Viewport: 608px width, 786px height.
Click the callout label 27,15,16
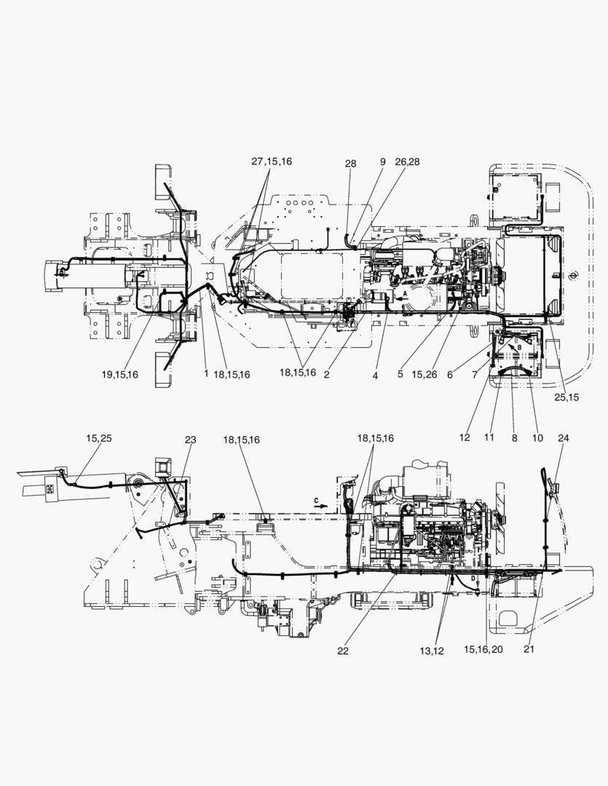[x=272, y=162]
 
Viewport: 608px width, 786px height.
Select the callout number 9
[x=383, y=162]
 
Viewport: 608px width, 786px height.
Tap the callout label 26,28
[x=407, y=162]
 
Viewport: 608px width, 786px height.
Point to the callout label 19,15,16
[x=120, y=374]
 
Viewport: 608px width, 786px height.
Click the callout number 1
[x=205, y=373]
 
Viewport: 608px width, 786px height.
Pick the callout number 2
[x=327, y=374]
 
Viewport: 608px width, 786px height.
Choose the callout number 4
[x=375, y=375]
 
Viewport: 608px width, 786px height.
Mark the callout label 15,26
[x=425, y=374]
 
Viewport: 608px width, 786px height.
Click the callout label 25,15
[x=566, y=397]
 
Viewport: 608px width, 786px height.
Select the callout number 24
[x=564, y=437]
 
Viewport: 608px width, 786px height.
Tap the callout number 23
[x=190, y=440]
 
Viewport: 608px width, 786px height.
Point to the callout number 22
[x=343, y=651]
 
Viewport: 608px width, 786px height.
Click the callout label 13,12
[x=431, y=651]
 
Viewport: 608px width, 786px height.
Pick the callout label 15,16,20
[x=483, y=649]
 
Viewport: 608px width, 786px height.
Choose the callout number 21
[x=529, y=648]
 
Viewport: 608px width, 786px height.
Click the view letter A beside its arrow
[x=406, y=293]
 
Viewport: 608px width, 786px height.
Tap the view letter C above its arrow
[x=316, y=500]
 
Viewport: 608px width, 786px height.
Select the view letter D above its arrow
[x=473, y=578]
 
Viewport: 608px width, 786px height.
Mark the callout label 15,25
[x=99, y=438]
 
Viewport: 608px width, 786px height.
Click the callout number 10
[x=537, y=437]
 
